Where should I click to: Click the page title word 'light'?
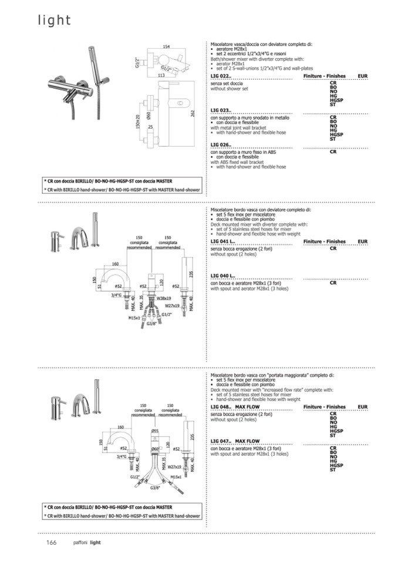click(x=55, y=21)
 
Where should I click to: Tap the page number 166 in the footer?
click(x=51, y=542)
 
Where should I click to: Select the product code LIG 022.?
click(x=221, y=77)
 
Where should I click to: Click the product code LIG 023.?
click(x=221, y=110)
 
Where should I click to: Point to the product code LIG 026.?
click(x=221, y=144)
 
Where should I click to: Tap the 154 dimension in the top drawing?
click(x=167, y=46)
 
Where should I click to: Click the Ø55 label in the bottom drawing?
click(x=155, y=431)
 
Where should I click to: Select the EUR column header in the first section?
click(x=362, y=77)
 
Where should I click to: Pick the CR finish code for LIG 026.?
click(x=333, y=151)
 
